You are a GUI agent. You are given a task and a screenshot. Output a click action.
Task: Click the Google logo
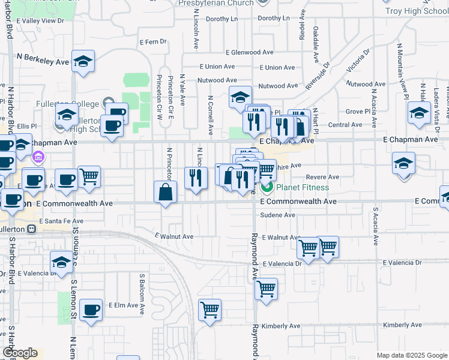click(x=20, y=353)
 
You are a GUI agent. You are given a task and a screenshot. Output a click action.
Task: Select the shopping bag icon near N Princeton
click(x=165, y=193)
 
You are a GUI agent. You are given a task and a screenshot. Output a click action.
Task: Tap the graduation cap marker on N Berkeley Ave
click(x=83, y=61)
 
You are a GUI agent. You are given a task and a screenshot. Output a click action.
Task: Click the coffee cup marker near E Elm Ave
click(x=91, y=310)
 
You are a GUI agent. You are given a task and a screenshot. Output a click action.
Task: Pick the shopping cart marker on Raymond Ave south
click(x=266, y=289)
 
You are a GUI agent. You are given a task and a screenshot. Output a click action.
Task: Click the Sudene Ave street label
click(x=280, y=214)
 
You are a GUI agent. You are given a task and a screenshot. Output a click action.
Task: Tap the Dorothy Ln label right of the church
click(x=273, y=19)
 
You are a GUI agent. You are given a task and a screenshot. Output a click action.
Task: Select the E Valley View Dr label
click(x=40, y=20)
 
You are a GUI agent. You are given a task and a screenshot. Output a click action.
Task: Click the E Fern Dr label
click(x=152, y=42)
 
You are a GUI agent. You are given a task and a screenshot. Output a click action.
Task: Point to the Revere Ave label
click(x=322, y=177)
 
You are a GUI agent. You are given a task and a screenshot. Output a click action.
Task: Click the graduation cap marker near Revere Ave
click(x=404, y=163)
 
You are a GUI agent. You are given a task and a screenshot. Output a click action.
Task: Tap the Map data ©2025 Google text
click(x=411, y=355)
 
